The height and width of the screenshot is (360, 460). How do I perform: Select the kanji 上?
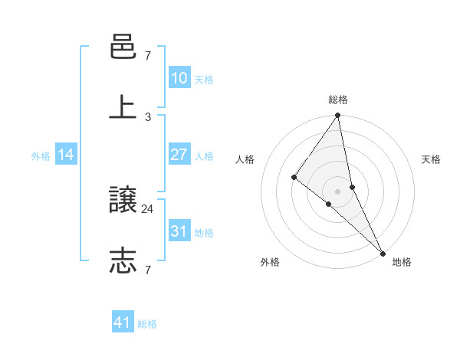123,107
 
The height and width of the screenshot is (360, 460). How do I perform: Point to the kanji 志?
123,260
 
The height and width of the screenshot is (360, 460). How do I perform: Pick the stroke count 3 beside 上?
148,116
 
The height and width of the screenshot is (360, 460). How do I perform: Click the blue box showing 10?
179,78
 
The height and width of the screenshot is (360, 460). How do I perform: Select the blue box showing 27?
179,155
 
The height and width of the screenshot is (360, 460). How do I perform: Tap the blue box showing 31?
179,231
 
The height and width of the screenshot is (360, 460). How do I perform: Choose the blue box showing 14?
66,155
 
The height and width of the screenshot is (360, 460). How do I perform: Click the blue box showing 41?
123,323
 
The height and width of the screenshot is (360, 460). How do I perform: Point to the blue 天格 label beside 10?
204,80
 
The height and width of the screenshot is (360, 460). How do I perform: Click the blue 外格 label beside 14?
41,156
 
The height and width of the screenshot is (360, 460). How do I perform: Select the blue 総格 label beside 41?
147,324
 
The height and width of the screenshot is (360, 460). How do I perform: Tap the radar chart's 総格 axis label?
338,100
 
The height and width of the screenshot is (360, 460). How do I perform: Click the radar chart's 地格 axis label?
402,263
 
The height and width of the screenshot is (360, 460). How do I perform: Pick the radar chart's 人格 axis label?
245,159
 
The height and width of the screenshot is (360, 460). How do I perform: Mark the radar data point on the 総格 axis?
338,116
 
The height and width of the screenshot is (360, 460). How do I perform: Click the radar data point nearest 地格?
382,252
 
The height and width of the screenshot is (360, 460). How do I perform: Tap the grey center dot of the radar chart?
338,191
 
